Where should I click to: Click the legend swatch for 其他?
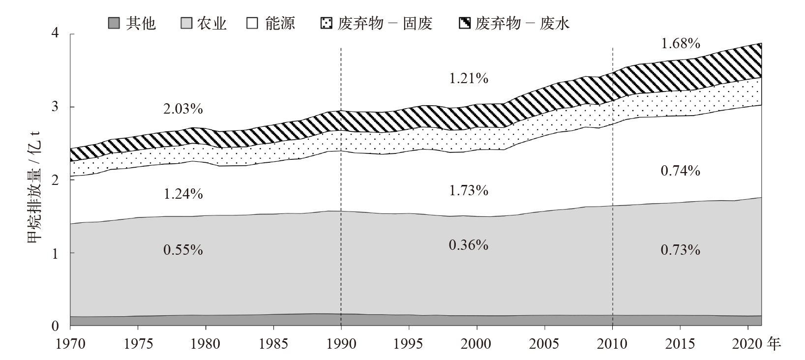pyautogui.click(x=114, y=23)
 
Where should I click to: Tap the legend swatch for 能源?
pyautogui.click(x=252, y=23)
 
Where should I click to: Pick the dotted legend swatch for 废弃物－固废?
pyautogui.click(x=326, y=23)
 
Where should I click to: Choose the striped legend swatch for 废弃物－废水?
pyautogui.click(x=464, y=23)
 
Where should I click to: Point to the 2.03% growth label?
pyautogui.click(x=183, y=109)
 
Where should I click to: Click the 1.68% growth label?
pyautogui.click(x=680, y=44)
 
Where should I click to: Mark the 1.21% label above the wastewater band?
pyautogui.click(x=468, y=78)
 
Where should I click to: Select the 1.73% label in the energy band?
pyautogui.click(x=468, y=190)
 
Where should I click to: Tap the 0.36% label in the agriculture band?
pyautogui.click(x=468, y=244)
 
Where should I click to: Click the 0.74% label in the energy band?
pyautogui.click(x=680, y=171)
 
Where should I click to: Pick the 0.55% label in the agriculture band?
pyautogui.click(x=183, y=250)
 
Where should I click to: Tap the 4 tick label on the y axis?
pyautogui.click(x=55, y=33)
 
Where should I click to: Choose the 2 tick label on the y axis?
pyautogui.click(x=55, y=180)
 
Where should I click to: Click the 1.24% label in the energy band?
pyautogui.click(x=183, y=194)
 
